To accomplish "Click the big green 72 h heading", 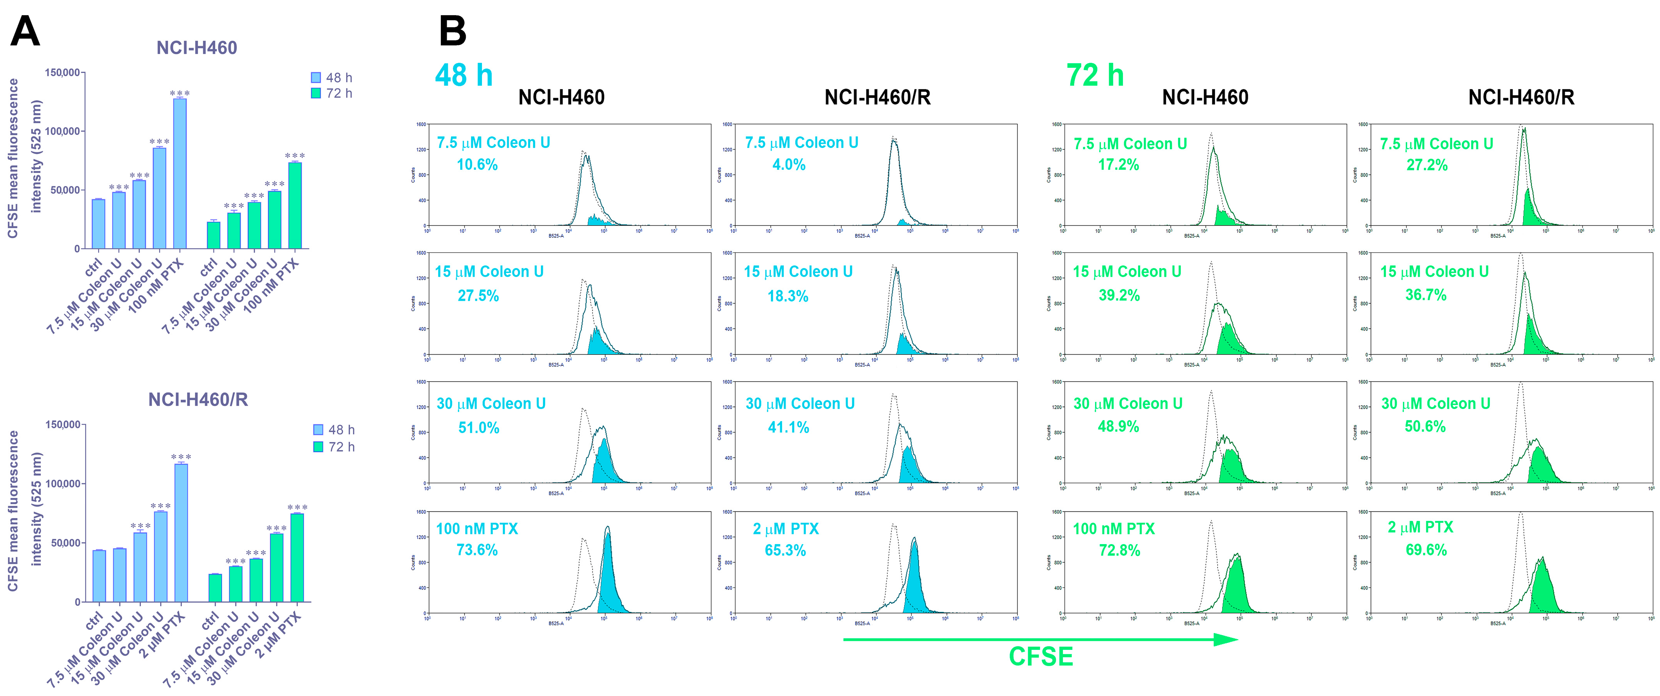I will (1095, 75).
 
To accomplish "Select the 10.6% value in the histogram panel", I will (477, 165).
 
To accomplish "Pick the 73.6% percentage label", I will (477, 550).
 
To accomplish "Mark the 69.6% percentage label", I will (1426, 550).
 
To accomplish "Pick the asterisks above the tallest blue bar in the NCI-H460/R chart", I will (181, 457).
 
